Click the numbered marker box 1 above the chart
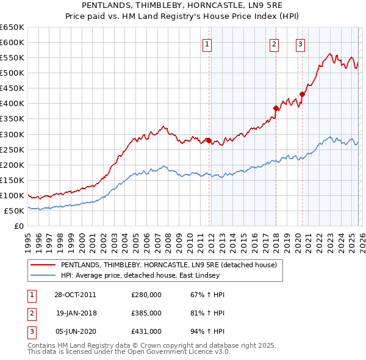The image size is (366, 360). [207, 44]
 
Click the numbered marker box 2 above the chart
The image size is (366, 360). [274, 44]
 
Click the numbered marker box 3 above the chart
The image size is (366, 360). [301, 44]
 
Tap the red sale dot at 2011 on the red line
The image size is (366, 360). [209, 140]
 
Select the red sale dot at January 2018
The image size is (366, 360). [276, 108]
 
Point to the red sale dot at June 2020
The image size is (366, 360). [302, 94]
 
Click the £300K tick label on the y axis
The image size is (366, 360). [12, 134]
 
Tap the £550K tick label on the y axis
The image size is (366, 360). [12, 58]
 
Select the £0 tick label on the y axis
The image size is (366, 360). [18, 226]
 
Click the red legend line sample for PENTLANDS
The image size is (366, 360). [43, 265]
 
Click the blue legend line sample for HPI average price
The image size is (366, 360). [43, 275]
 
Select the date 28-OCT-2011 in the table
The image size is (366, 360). [74, 295]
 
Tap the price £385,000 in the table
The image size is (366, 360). [146, 312]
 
